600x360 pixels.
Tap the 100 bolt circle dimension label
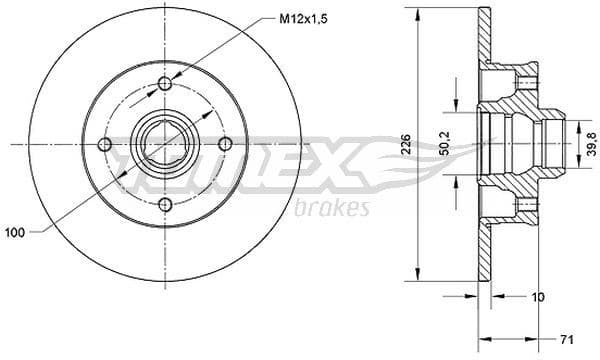pyautogui.click(x=16, y=233)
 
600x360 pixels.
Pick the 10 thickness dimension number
pyautogui.click(x=539, y=297)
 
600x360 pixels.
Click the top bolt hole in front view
pyautogui.click(x=165, y=84)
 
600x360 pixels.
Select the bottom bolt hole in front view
pyautogui.click(x=165, y=205)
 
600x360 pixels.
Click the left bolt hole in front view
pyautogui.click(x=105, y=145)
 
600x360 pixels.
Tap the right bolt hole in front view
pyautogui.click(x=226, y=145)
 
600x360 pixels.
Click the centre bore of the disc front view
pyautogui.click(x=165, y=145)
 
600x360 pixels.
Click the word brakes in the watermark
pyautogui.click(x=333, y=208)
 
